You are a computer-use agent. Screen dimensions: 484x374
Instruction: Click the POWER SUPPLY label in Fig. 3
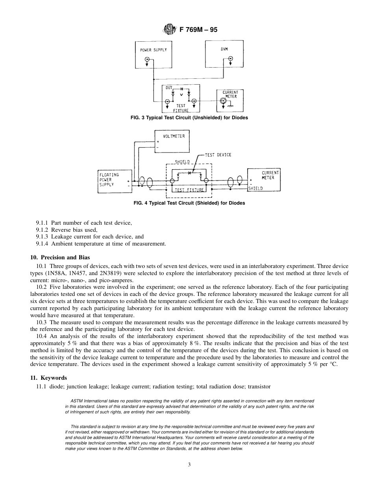coord(154,50)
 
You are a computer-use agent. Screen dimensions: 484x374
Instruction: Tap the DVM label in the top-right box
coord(224,49)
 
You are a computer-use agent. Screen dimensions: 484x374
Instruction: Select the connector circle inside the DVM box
coord(230,59)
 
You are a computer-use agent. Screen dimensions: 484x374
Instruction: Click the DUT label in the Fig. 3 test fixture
coord(168,88)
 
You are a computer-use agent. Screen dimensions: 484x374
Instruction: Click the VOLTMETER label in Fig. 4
coord(174,136)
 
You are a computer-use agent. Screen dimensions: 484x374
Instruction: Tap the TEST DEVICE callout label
coord(218,155)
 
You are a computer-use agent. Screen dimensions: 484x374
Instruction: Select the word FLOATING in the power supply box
coord(109,175)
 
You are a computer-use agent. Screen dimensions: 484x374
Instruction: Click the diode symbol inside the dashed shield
coord(189,172)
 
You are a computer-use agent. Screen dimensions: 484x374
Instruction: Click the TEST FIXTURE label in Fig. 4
coord(189,190)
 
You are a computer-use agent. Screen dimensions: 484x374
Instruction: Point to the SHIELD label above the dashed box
coord(182,162)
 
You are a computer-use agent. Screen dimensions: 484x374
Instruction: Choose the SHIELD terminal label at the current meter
coord(256,188)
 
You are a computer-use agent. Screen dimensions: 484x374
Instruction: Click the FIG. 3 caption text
coord(189,118)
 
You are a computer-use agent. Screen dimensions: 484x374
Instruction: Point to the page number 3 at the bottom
coord(189,465)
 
